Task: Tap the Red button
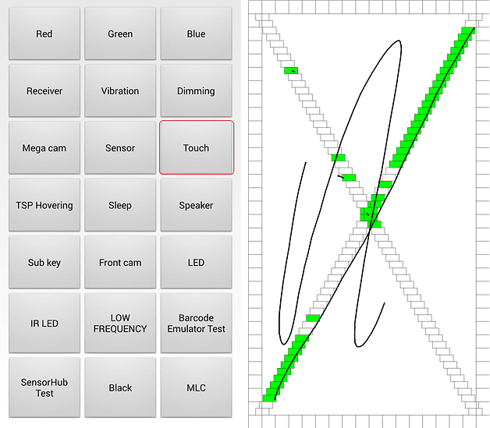[x=44, y=34]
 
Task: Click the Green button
[x=120, y=34]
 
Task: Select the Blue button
[x=197, y=34]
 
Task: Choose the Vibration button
[x=120, y=91]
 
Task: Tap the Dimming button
[x=197, y=91]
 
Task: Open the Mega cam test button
[x=44, y=147]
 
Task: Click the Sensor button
[x=120, y=147]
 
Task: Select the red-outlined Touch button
[x=197, y=147]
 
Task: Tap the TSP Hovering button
[x=44, y=205]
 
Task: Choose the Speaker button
[x=197, y=205]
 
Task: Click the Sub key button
[x=44, y=263]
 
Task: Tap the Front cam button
[x=120, y=263]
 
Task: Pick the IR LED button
[x=44, y=323]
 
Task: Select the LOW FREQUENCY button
[x=120, y=323]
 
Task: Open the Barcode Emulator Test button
[x=197, y=323]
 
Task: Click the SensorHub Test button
[x=44, y=387]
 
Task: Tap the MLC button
[x=197, y=387]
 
